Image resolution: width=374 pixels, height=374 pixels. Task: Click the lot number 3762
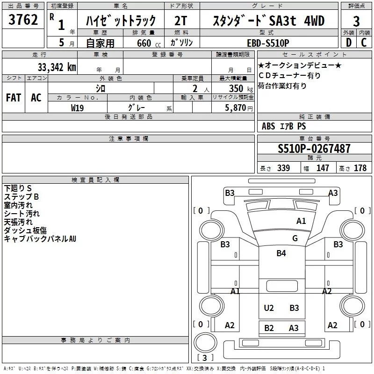23,21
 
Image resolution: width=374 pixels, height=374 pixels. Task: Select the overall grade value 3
356,22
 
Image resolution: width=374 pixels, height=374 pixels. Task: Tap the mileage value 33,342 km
57,67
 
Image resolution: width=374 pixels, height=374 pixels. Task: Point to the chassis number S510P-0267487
314,149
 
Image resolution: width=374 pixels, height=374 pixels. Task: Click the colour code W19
78,108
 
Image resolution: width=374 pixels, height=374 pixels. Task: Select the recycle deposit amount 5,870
235,108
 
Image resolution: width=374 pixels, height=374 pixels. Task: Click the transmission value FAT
13,98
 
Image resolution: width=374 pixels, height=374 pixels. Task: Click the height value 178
360,168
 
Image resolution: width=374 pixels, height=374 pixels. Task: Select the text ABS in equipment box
268,126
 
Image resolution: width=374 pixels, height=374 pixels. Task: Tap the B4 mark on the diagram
280,253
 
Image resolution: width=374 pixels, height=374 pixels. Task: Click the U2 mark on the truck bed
268,308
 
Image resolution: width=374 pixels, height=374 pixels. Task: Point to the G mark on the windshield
295,238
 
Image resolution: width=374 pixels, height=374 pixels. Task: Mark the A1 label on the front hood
301,221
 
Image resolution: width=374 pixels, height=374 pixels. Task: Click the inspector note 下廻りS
18,188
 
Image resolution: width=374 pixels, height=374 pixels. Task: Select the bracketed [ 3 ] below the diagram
205,358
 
